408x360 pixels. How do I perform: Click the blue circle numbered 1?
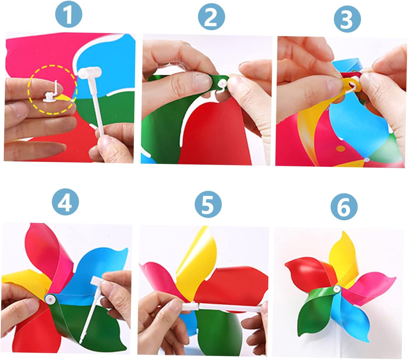click(69, 14)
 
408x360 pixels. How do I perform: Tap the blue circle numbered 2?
click(211, 17)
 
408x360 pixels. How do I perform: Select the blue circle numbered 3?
click(347, 19)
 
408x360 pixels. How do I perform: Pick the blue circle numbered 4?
click(65, 202)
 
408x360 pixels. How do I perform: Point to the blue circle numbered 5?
click(208, 204)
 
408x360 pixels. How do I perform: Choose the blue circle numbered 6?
click(344, 207)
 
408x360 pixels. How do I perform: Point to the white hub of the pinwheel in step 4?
click(51, 299)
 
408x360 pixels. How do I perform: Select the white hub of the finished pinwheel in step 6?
click(336, 290)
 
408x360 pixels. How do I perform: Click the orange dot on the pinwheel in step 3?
click(341, 149)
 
